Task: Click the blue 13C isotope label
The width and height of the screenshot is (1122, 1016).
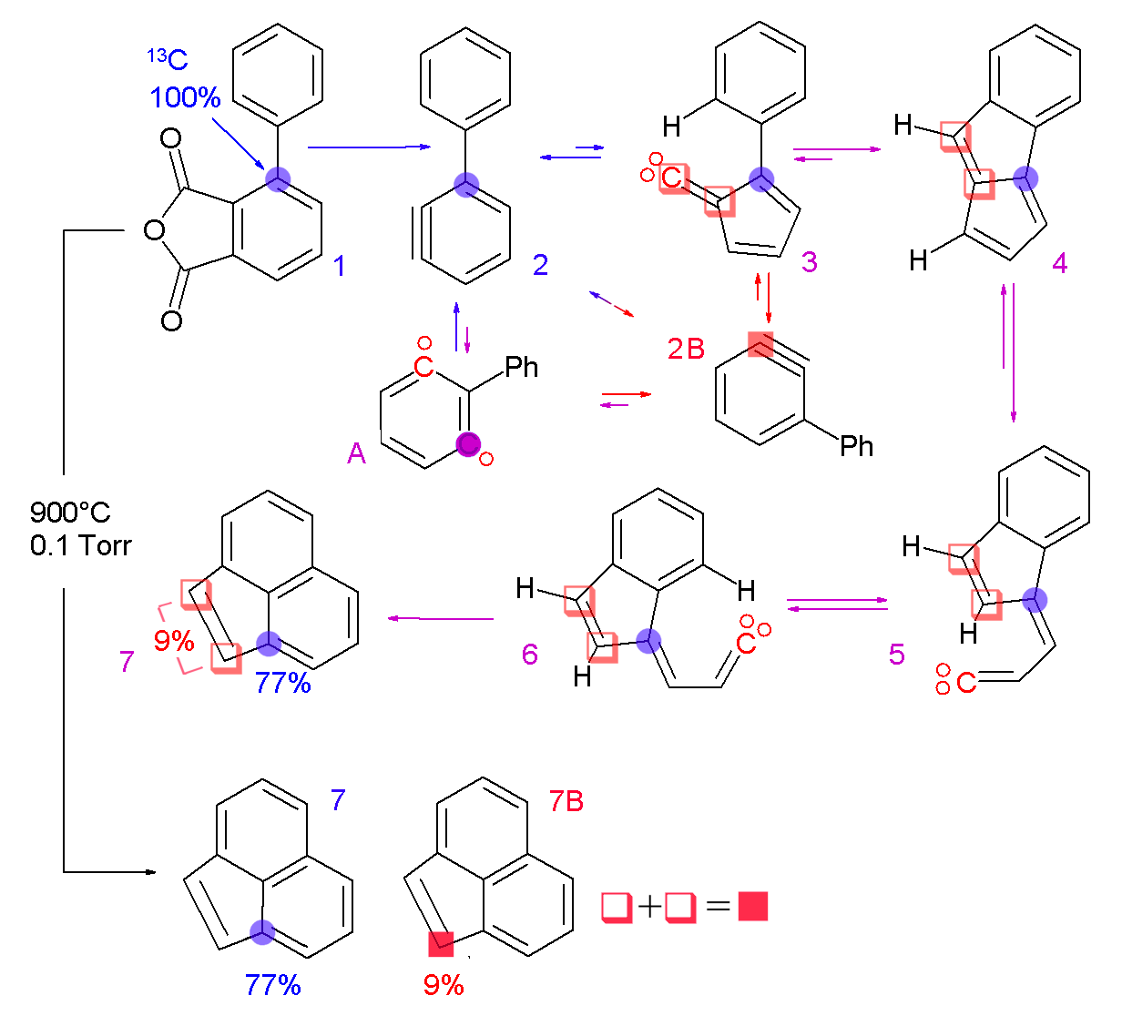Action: (168, 60)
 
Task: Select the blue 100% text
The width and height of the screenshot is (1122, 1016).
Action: (185, 97)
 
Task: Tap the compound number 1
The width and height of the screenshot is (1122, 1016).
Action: (340, 266)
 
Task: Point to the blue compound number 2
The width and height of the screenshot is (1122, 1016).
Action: (540, 265)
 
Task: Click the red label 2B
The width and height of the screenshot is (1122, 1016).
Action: (686, 349)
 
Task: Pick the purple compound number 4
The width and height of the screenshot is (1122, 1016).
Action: (1059, 263)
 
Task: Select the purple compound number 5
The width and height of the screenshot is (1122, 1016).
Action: (897, 654)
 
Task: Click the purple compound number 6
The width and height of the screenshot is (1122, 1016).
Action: (530, 654)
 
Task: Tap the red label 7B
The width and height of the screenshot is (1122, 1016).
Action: (566, 801)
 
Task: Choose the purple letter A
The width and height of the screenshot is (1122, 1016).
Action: (356, 453)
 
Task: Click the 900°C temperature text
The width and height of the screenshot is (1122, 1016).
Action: (70, 512)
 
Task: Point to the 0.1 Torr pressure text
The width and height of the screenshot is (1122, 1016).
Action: (80, 545)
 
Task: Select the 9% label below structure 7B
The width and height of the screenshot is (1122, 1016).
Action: (444, 984)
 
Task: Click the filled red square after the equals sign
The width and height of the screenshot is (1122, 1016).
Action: (753, 907)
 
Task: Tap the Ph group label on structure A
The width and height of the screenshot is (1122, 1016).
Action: (522, 367)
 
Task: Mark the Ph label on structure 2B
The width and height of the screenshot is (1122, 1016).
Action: (856, 446)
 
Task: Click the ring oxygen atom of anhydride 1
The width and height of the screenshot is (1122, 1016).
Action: (155, 229)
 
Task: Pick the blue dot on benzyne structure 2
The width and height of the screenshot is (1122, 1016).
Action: (466, 185)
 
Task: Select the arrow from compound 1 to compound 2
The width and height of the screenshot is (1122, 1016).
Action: (369, 146)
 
